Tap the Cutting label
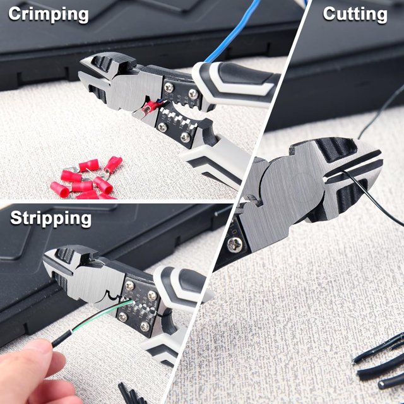[355, 14]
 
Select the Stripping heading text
[51, 219]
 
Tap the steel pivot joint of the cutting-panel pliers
[284, 189]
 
